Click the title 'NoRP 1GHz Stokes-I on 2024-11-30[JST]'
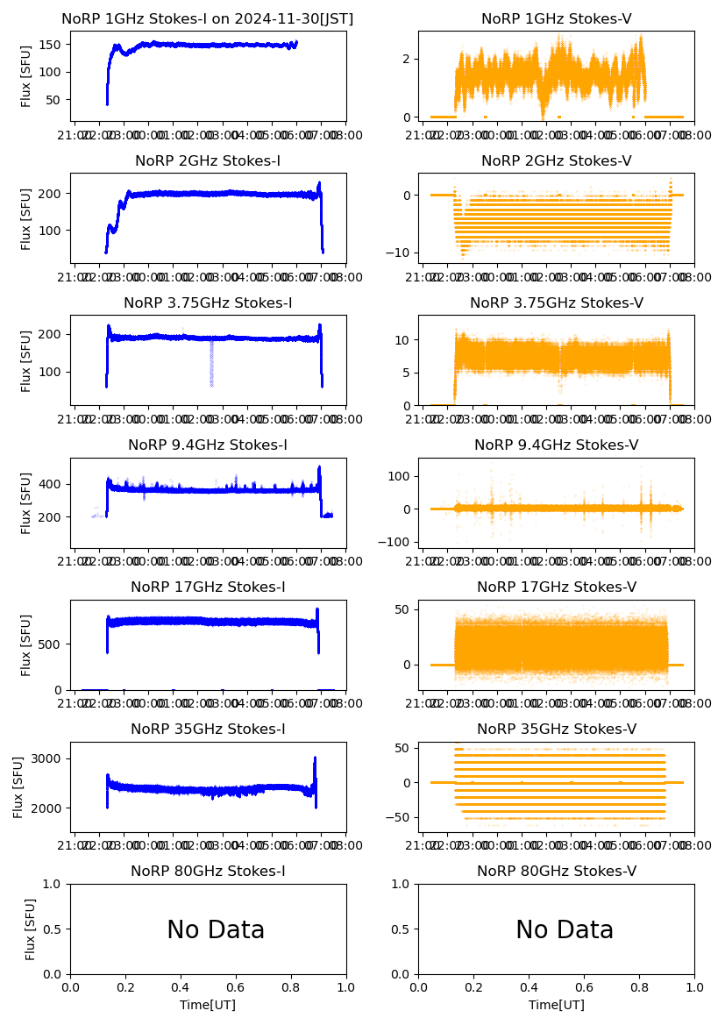[x=208, y=18]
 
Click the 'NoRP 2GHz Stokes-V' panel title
[x=556, y=160]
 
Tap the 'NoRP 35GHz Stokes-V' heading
[x=556, y=729]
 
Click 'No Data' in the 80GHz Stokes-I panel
[x=216, y=929]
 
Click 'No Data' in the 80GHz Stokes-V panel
[x=565, y=929]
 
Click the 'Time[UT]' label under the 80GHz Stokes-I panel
[x=208, y=1005]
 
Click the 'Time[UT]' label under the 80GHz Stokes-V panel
[x=556, y=1005]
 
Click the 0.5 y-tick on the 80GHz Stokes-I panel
[x=56, y=929]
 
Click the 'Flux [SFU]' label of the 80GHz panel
[x=30, y=929]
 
